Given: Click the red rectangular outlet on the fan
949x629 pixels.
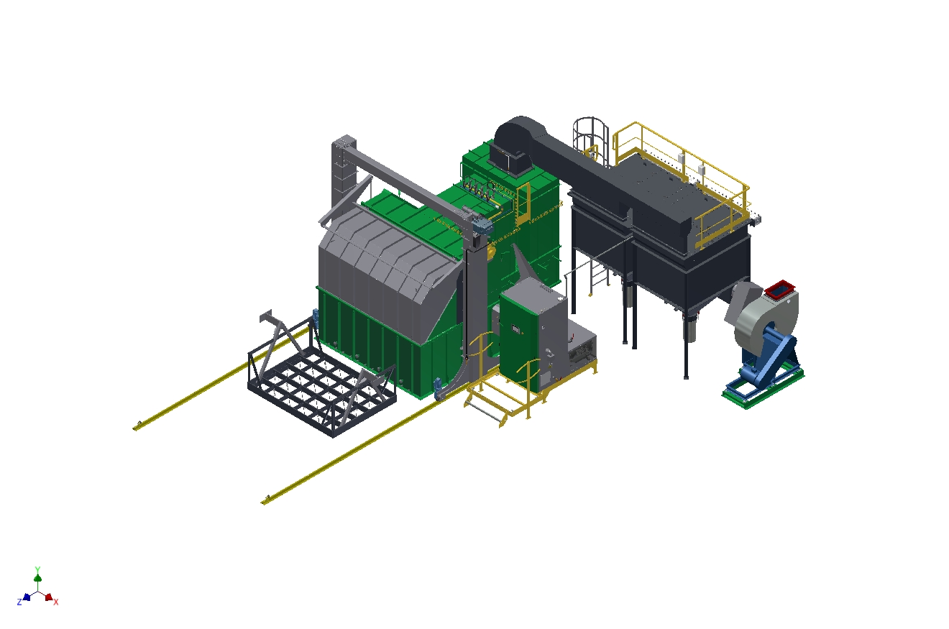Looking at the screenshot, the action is click(x=780, y=288).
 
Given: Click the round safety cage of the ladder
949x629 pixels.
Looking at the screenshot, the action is click(x=590, y=134).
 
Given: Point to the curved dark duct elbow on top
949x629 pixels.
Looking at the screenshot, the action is click(x=515, y=136).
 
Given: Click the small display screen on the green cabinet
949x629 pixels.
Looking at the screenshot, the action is click(x=515, y=329).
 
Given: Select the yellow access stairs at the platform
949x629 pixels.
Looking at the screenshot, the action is click(x=487, y=403).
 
